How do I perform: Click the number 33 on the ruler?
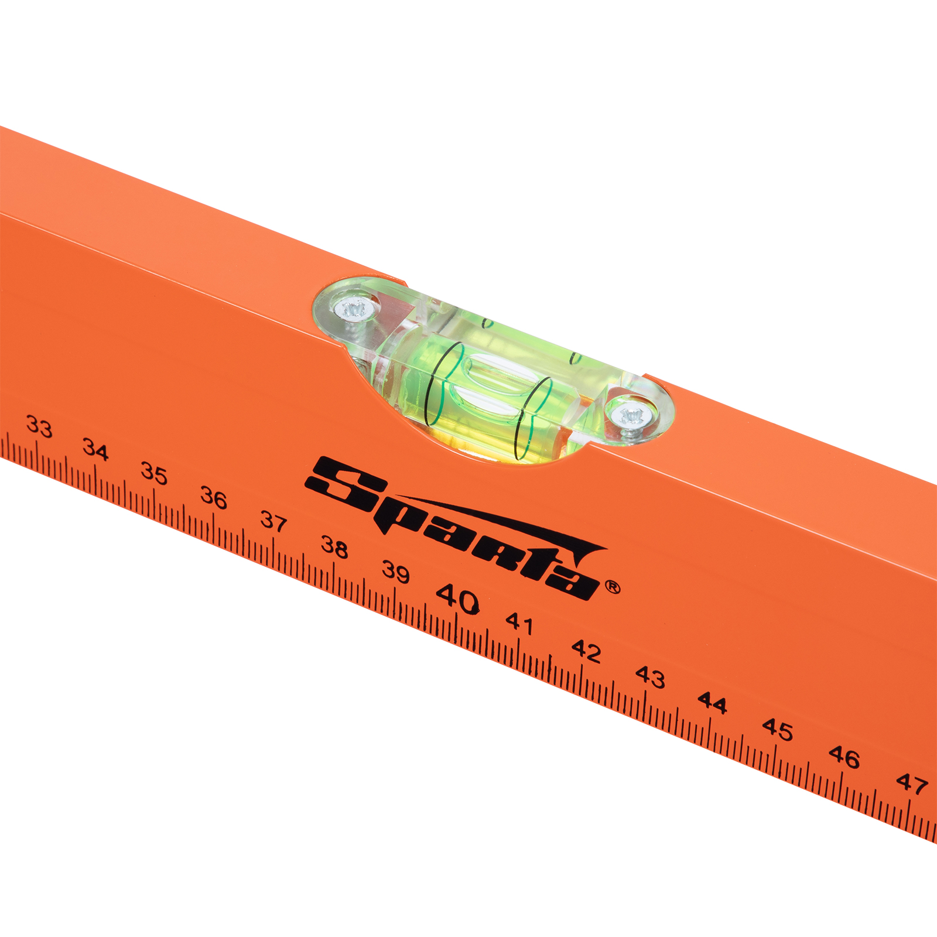pos(39,427)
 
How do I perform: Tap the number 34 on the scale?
pos(95,450)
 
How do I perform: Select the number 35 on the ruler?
pos(155,473)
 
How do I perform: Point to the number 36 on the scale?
pos(214,498)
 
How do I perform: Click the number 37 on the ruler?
pos(273,521)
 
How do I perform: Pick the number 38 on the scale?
pos(334,547)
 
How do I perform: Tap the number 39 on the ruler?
pos(396,572)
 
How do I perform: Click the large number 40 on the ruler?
pos(458,599)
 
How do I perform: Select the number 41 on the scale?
pos(519,624)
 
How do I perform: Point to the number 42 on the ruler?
pos(586,651)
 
